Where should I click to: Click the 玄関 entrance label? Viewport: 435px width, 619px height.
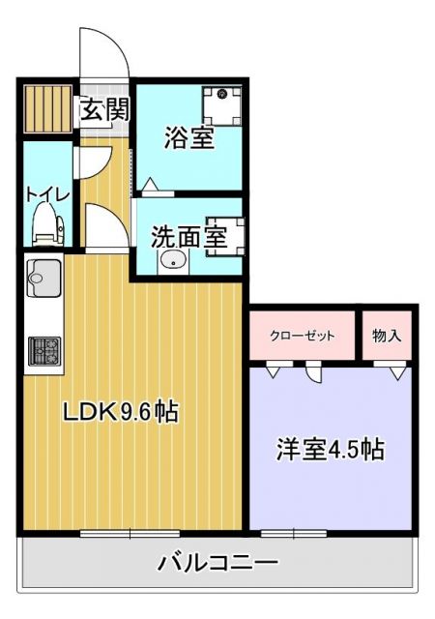[103, 108]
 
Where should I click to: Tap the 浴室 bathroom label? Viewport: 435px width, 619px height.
[189, 138]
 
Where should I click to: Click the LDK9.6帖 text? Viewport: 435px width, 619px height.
[120, 412]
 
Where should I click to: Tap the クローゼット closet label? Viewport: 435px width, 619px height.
[302, 336]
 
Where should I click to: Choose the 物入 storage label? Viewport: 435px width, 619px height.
[387, 336]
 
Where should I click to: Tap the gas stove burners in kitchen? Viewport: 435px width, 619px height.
[44, 350]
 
